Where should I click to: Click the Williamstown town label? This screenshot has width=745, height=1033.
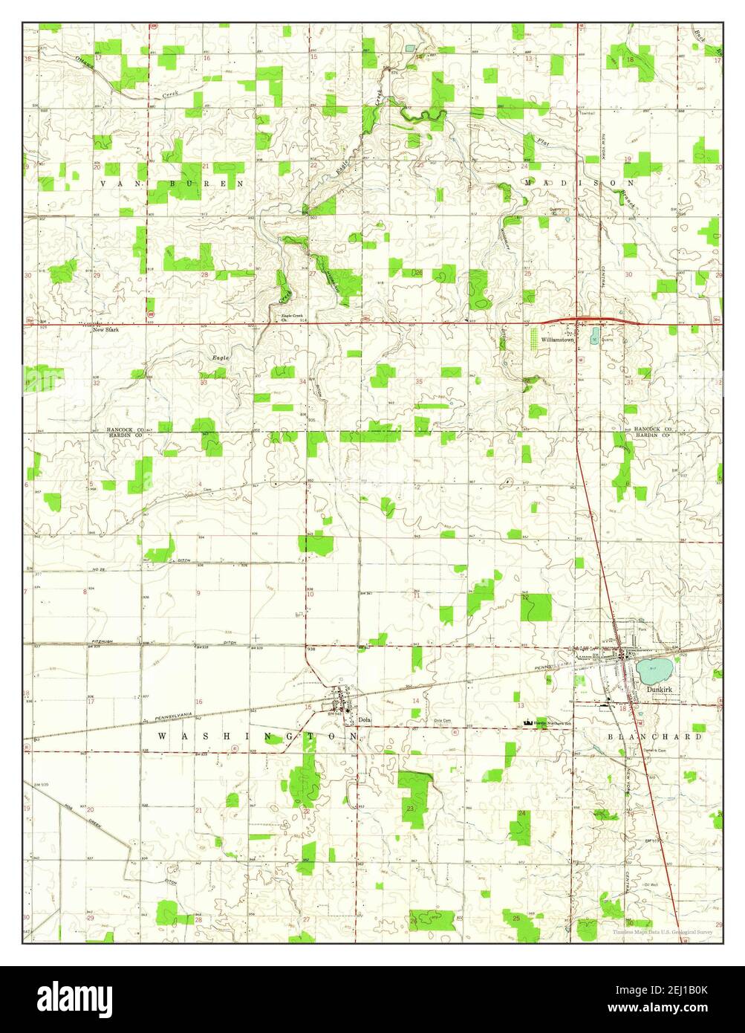[x=559, y=339]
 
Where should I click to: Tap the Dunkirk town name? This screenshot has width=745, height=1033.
[x=659, y=689]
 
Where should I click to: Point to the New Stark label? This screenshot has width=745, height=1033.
[x=105, y=330]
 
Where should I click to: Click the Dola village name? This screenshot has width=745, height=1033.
[x=364, y=719]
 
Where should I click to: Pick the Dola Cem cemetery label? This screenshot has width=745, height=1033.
[x=443, y=720]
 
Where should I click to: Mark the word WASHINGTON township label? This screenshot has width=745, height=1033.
[x=257, y=736]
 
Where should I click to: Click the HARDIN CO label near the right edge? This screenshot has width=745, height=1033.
[x=653, y=436]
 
